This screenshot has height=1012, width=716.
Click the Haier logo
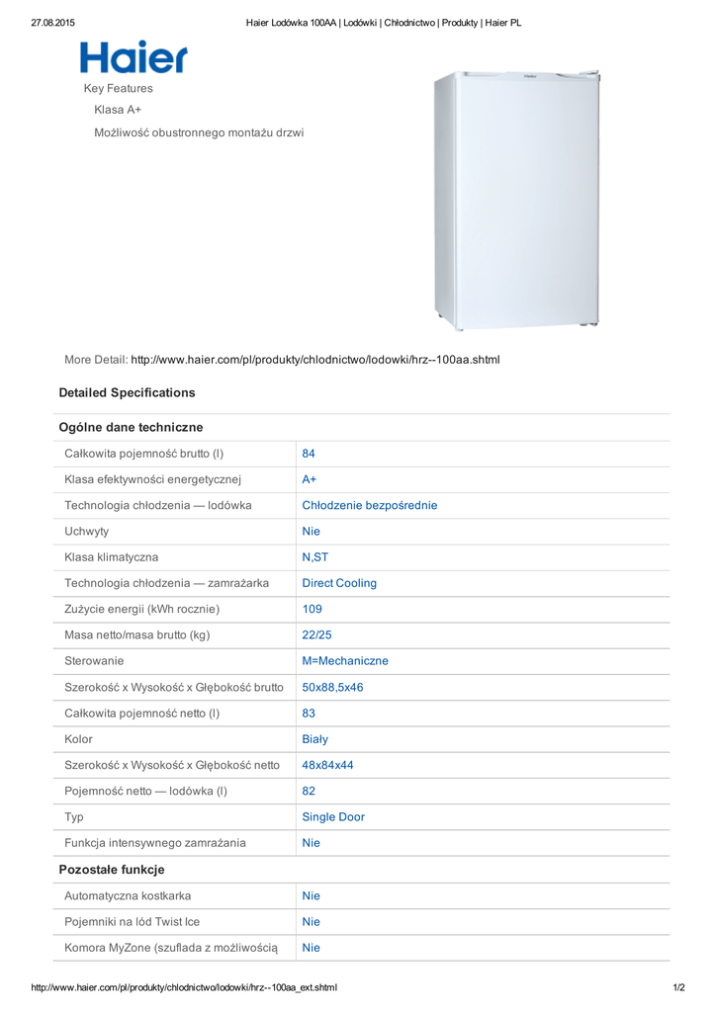click(x=134, y=57)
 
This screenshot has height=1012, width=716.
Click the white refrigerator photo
click(x=516, y=201)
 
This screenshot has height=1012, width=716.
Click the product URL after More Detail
click(x=315, y=360)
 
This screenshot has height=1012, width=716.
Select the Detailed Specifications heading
click(x=127, y=392)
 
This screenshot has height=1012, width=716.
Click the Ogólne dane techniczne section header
click(x=131, y=428)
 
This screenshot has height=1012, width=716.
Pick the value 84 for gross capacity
click(x=309, y=454)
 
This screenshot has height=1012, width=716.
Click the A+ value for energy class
click(x=310, y=479)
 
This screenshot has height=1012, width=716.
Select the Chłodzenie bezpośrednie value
click(x=369, y=505)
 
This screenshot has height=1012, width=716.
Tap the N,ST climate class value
click(x=315, y=557)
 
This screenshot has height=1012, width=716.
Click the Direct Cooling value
click(x=339, y=583)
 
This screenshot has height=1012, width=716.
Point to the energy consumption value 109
click(x=312, y=609)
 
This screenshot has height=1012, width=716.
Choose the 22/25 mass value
click(x=317, y=635)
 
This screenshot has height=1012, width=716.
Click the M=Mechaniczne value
click(x=345, y=661)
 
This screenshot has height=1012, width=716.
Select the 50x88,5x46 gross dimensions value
click(x=332, y=687)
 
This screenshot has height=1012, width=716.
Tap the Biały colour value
click(x=315, y=739)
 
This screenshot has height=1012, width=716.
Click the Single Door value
click(x=333, y=817)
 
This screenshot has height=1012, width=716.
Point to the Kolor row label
click(x=79, y=739)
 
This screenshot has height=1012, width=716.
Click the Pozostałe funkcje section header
click(x=112, y=870)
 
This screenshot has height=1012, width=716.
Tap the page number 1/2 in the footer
click(x=677, y=987)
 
